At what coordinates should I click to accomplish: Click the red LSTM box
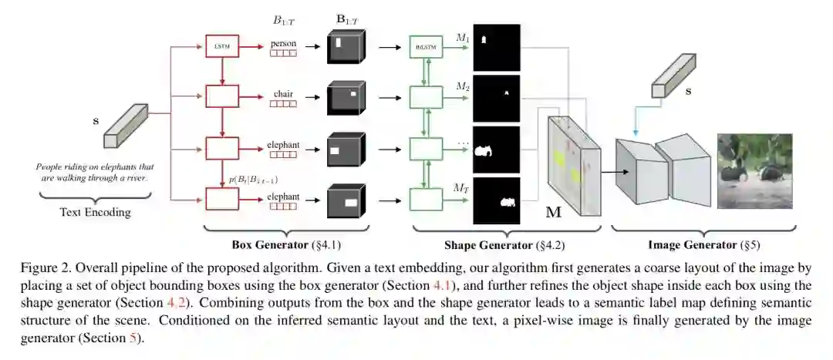pyautogui.click(x=221, y=47)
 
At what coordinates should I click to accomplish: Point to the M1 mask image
pyautogui.click(x=497, y=47)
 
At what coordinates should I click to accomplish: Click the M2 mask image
pyautogui.click(x=497, y=98)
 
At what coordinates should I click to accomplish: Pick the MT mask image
pyautogui.click(x=497, y=200)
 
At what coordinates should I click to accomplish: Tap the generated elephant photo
pyautogui.click(x=754, y=170)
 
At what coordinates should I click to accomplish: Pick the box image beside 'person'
pyautogui.click(x=346, y=47)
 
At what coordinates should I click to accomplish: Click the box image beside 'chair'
pyautogui.click(x=346, y=98)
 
